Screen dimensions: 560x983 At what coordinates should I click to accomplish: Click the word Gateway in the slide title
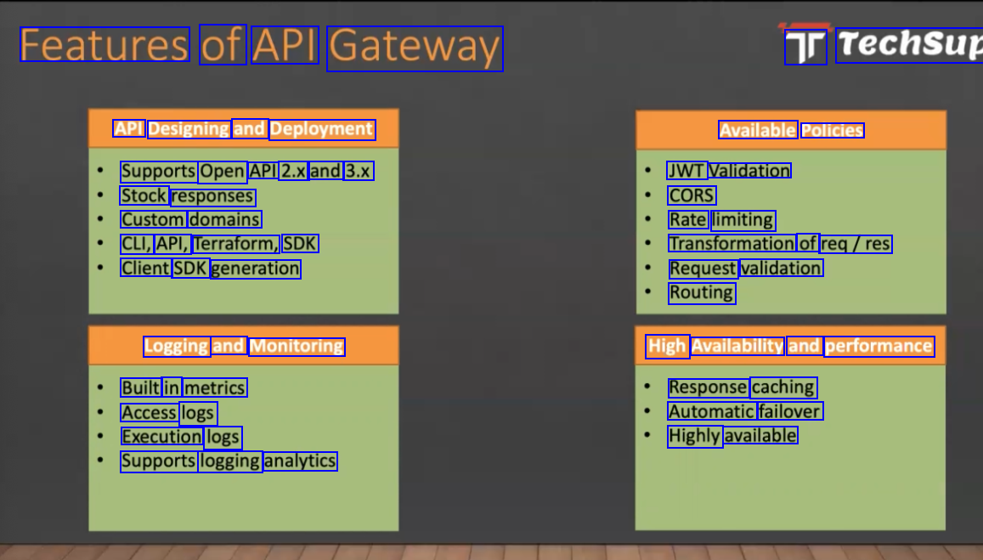415,48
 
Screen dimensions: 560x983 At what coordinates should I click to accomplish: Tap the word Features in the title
104,45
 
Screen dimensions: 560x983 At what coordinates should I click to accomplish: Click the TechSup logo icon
805,47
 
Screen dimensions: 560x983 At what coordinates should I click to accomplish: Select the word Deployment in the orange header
322,129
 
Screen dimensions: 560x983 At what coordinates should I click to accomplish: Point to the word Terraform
235,244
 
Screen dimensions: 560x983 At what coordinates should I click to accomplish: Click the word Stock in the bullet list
144,196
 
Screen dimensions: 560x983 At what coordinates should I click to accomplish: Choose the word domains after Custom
224,220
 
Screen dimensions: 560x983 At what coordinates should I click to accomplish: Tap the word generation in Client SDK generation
255,269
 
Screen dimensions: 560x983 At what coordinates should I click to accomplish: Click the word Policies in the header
832,130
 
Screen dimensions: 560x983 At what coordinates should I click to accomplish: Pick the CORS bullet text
692,195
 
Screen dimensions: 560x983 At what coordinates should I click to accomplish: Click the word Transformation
732,244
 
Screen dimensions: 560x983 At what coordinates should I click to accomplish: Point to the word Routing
701,292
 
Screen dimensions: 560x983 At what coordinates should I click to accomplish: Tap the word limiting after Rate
743,220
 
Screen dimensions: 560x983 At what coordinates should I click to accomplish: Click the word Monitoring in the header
297,346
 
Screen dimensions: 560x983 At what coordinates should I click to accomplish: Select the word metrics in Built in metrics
214,388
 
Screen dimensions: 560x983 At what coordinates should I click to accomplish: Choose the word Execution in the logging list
161,437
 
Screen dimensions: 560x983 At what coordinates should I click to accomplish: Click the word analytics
300,461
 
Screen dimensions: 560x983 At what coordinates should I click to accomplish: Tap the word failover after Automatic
789,412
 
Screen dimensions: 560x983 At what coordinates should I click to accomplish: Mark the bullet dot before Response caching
647,387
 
